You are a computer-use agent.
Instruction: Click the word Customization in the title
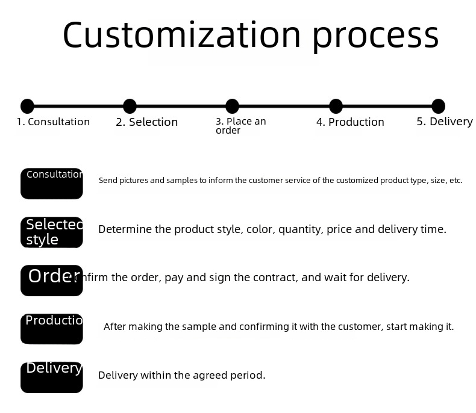181,35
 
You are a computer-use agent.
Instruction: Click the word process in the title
375,36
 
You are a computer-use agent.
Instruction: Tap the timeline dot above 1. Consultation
27,107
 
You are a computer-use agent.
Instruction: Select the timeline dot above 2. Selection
130,107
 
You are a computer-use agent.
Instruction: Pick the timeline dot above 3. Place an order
232,107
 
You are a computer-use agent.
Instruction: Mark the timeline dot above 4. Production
336,107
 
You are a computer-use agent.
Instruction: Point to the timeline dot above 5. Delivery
438,107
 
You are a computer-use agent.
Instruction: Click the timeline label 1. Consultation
53,122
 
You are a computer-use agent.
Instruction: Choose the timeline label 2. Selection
146,122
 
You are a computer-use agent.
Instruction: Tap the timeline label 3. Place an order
240,125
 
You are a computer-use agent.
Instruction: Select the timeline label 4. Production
350,122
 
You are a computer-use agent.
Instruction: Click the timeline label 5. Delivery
445,122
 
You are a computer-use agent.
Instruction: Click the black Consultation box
52,184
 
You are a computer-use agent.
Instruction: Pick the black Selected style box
52,232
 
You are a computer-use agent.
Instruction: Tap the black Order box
52,281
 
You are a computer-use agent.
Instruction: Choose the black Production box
52,329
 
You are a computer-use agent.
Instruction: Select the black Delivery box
52,377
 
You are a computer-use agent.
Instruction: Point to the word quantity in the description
299,229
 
